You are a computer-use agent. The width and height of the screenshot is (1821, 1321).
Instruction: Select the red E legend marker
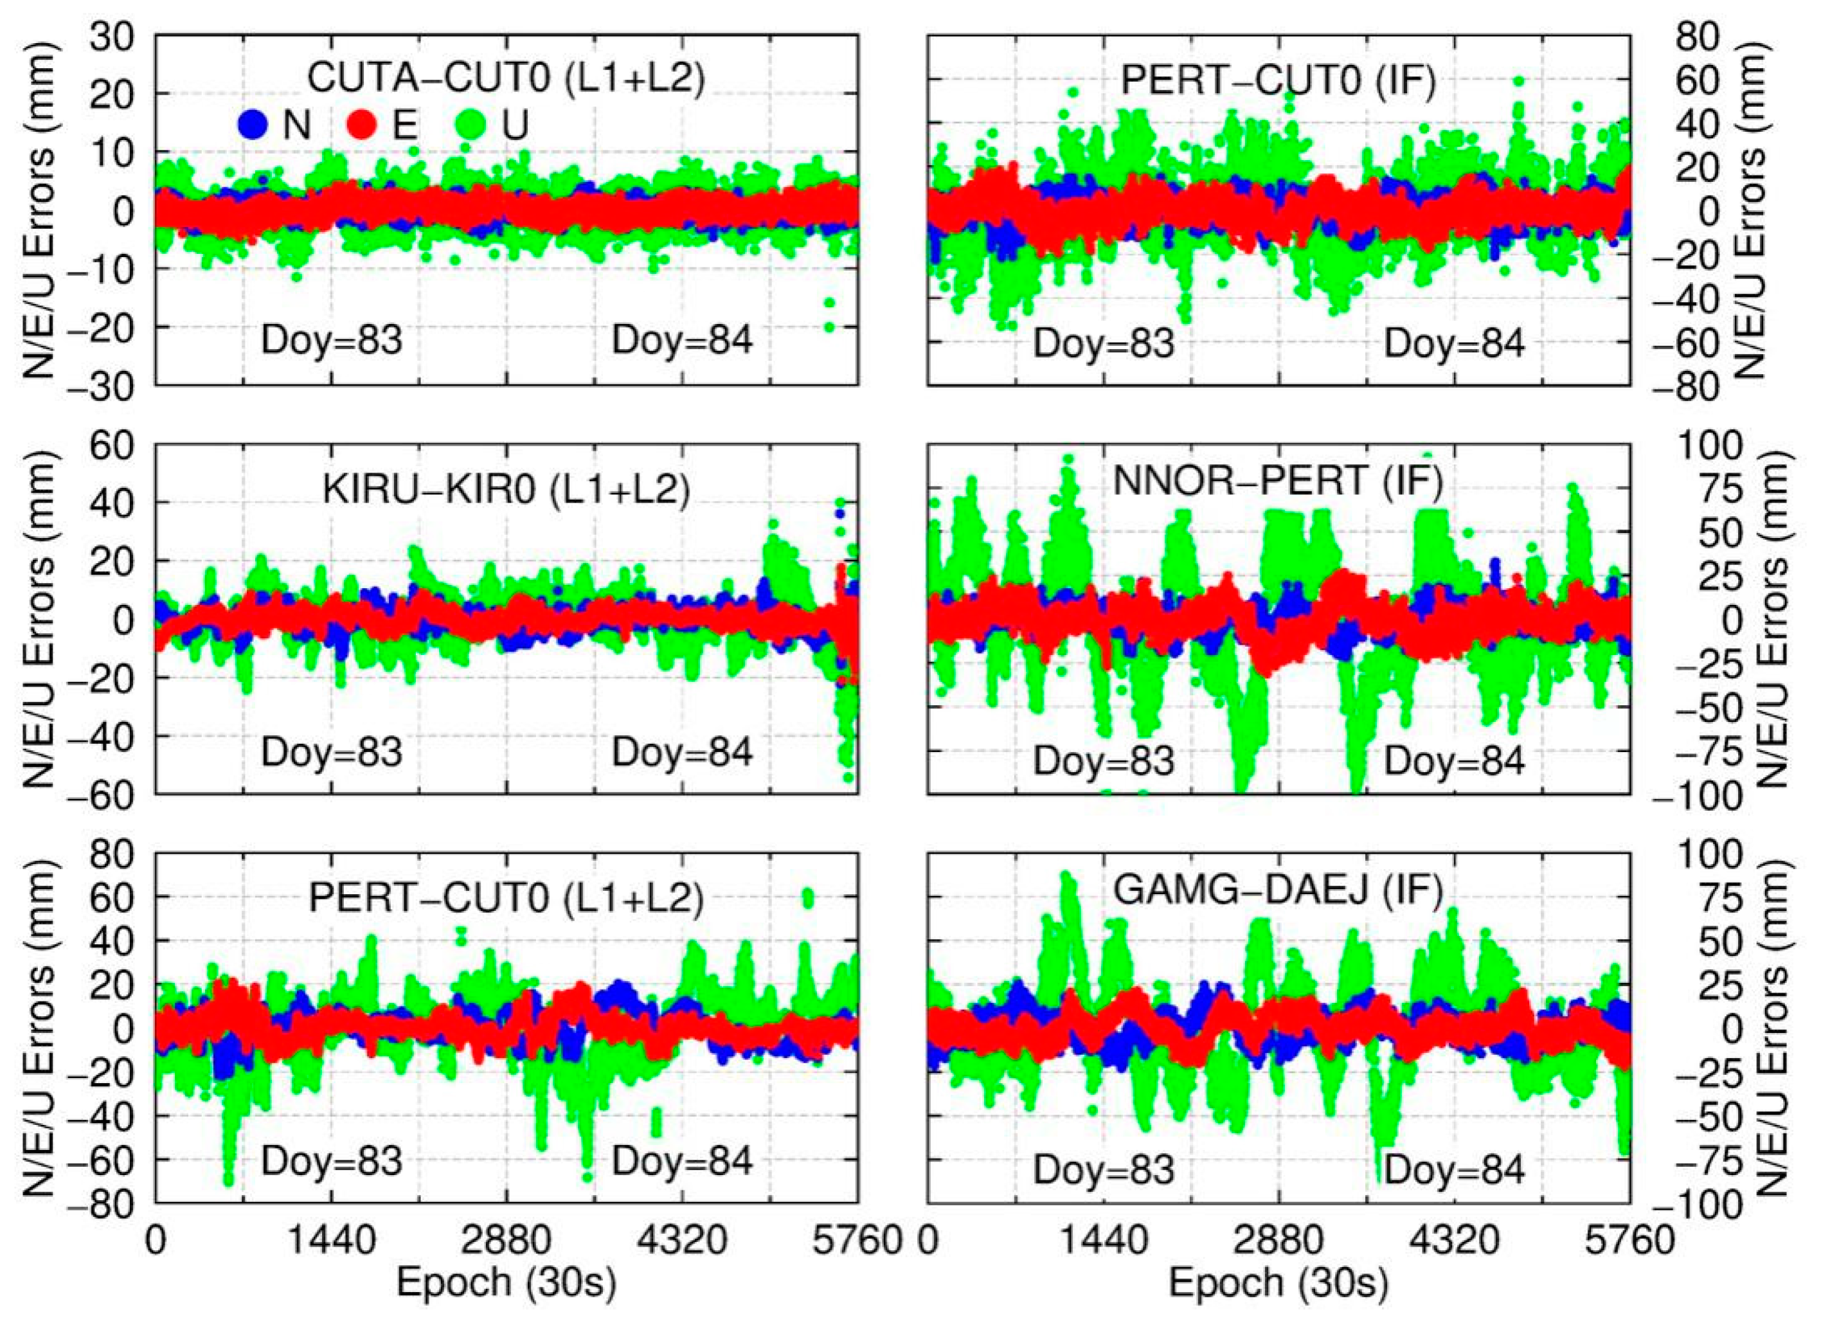[x=361, y=125]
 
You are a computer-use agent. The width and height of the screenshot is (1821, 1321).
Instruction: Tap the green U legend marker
[x=475, y=125]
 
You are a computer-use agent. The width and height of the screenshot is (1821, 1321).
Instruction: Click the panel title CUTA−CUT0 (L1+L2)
[x=507, y=78]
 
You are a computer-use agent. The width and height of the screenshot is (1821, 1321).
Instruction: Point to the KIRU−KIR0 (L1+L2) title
[x=507, y=490]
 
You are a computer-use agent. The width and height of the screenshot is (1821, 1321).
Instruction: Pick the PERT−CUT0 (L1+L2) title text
[x=507, y=899]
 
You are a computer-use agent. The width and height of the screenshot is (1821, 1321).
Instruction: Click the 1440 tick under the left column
[x=332, y=1241]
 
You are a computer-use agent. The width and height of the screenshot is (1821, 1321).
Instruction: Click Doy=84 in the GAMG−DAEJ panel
[x=1454, y=1170]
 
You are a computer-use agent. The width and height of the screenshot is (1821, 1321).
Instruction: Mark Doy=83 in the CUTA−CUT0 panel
[x=332, y=341]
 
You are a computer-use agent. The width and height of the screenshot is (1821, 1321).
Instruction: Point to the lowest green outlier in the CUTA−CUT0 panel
[x=829, y=326]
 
